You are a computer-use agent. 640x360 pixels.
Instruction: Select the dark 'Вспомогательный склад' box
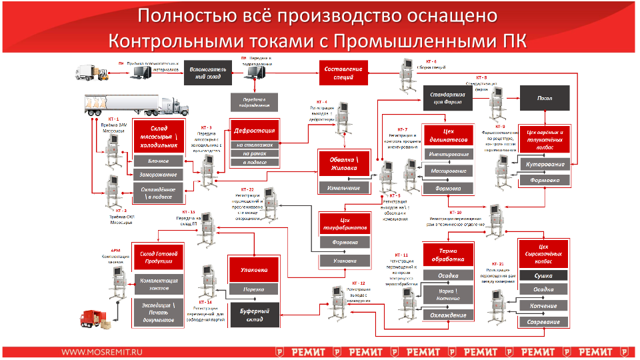(209, 73)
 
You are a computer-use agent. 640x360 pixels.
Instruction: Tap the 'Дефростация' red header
(254, 130)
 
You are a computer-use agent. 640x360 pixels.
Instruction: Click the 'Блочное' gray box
(159, 161)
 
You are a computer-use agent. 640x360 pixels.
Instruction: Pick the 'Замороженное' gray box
(159, 175)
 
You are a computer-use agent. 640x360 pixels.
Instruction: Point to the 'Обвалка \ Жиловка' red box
(343, 165)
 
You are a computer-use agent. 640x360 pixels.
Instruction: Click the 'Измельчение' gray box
(343, 188)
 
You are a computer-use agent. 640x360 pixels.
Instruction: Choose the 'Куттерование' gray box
(545, 165)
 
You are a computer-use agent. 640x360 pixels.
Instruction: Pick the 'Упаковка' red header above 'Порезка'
(254, 270)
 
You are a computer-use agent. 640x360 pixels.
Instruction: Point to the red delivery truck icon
(93, 319)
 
